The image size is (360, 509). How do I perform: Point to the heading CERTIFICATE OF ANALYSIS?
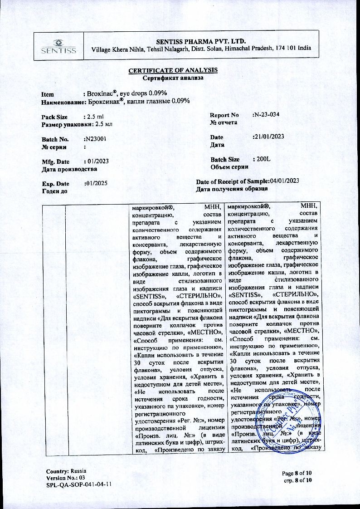(x=173, y=70)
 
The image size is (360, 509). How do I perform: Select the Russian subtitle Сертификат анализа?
(x=173, y=78)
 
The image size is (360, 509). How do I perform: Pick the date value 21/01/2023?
(x=268, y=137)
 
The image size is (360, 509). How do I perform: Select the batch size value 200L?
(x=261, y=160)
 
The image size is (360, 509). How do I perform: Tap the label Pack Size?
(x=55, y=117)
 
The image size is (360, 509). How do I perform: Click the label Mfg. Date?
(x=55, y=162)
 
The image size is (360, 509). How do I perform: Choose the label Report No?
(x=224, y=115)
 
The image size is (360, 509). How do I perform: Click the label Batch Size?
(x=225, y=160)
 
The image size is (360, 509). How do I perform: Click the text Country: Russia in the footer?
(x=66, y=471)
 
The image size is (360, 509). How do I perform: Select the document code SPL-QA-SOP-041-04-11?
(x=79, y=485)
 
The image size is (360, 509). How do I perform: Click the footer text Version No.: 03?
(x=66, y=478)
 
